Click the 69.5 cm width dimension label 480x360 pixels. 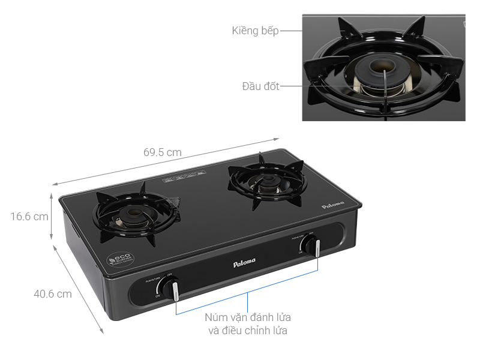click(x=162, y=152)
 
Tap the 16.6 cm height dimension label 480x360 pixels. click(x=29, y=217)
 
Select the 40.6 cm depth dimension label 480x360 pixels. click(x=52, y=294)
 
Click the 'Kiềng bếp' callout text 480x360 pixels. click(x=255, y=31)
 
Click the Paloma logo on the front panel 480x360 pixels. click(x=244, y=262)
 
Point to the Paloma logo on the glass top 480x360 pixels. click(x=333, y=205)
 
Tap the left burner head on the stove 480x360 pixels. click(x=131, y=217)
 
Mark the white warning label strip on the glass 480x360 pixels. click(x=184, y=176)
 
